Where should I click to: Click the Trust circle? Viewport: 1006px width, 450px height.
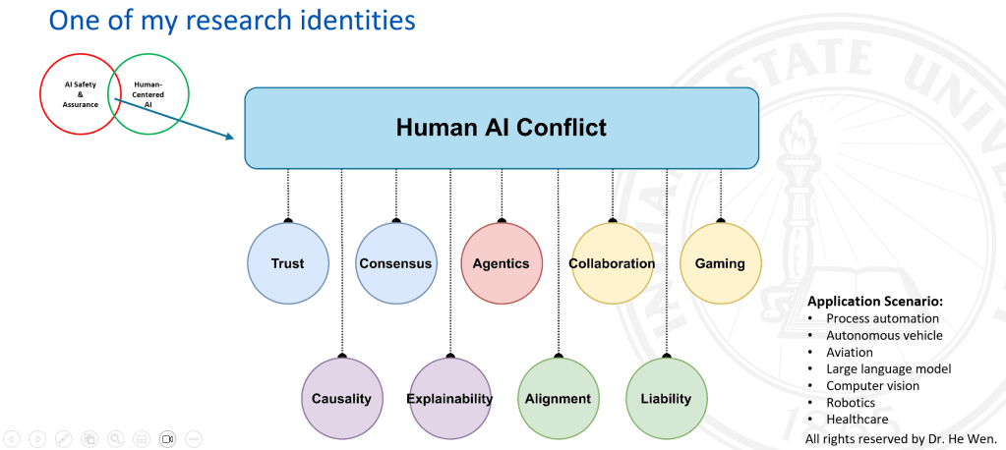[x=288, y=262]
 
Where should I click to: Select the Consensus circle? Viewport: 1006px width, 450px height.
[x=396, y=262]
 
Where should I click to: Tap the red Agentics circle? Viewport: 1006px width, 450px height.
[x=502, y=262]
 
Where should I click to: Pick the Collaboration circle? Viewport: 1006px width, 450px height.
[x=612, y=262]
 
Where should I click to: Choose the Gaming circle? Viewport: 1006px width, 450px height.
[x=721, y=262]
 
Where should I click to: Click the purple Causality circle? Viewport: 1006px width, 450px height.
[x=342, y=398]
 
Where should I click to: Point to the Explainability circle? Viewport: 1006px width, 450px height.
[x=449, y=398]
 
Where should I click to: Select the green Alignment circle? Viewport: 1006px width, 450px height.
[x=559, y=398]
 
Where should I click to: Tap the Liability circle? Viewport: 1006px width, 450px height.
[x=667, y=398]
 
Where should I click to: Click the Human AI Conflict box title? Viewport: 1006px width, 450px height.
[x=502, y=127]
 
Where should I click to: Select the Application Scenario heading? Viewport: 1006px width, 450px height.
[x=875, y=302]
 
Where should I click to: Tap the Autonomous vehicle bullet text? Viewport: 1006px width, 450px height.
[x=884, y=335]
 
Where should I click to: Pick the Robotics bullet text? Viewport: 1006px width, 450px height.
[x=851, y=403]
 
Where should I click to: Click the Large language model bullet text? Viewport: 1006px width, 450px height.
[x=889, y=368]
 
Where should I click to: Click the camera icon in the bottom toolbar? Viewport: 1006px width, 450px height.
[x=167, y=439]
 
